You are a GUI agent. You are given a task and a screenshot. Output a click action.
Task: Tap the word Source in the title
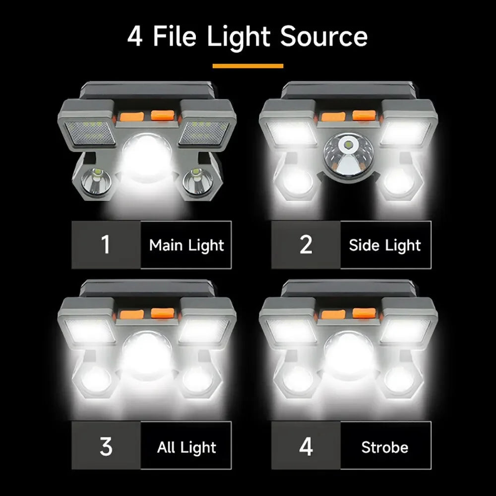click(324, 37)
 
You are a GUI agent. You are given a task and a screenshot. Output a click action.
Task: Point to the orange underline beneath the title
click(248, 65)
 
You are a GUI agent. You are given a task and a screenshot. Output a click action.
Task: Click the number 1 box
click(106, 245)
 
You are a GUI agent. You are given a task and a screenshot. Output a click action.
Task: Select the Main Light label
click(186, 245)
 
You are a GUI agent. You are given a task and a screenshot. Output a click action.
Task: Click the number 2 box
click(306, 245)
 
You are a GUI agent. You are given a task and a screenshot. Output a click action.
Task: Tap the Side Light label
click(385, 245)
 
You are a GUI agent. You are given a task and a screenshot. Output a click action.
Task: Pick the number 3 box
click(106, 446)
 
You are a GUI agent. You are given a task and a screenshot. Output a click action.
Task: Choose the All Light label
click(186, 447)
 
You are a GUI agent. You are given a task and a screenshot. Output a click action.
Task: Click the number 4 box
click(306, 446)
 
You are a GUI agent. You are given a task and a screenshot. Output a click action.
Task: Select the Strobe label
click(385, 447)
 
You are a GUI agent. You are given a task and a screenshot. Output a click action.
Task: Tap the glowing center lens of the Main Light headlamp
click(147, 155)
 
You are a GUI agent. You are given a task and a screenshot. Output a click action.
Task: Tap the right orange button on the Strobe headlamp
click(365, 313)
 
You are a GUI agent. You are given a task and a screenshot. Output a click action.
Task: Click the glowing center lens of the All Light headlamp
click(147, 353)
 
